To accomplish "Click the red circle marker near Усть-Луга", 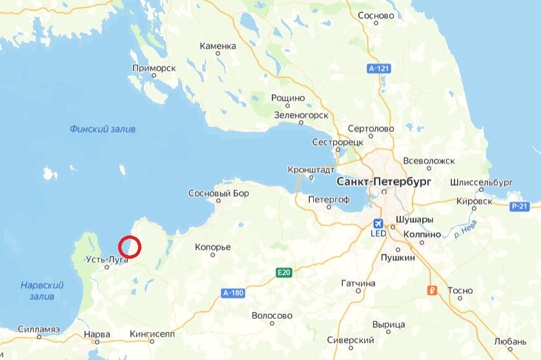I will (130, 246).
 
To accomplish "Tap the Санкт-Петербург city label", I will (383, 182).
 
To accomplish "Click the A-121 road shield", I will (379, 68).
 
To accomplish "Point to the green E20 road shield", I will (284, 272).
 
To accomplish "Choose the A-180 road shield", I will (232, 293).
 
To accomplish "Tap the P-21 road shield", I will (519, 206).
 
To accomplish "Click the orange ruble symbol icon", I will (433, 290).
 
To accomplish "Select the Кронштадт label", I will (311, 170).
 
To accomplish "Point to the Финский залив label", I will (103, 129).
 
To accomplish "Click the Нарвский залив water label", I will (41, 290).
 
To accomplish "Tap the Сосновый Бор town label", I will (218, 193).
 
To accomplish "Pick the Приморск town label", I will (154, 67).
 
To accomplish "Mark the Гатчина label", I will (358, 283).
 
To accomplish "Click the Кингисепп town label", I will (152, 334).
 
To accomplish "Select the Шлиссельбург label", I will (482, 183).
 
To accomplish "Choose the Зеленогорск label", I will (301, 115).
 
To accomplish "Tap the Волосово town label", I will (271, 315).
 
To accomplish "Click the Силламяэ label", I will (39, 328).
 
